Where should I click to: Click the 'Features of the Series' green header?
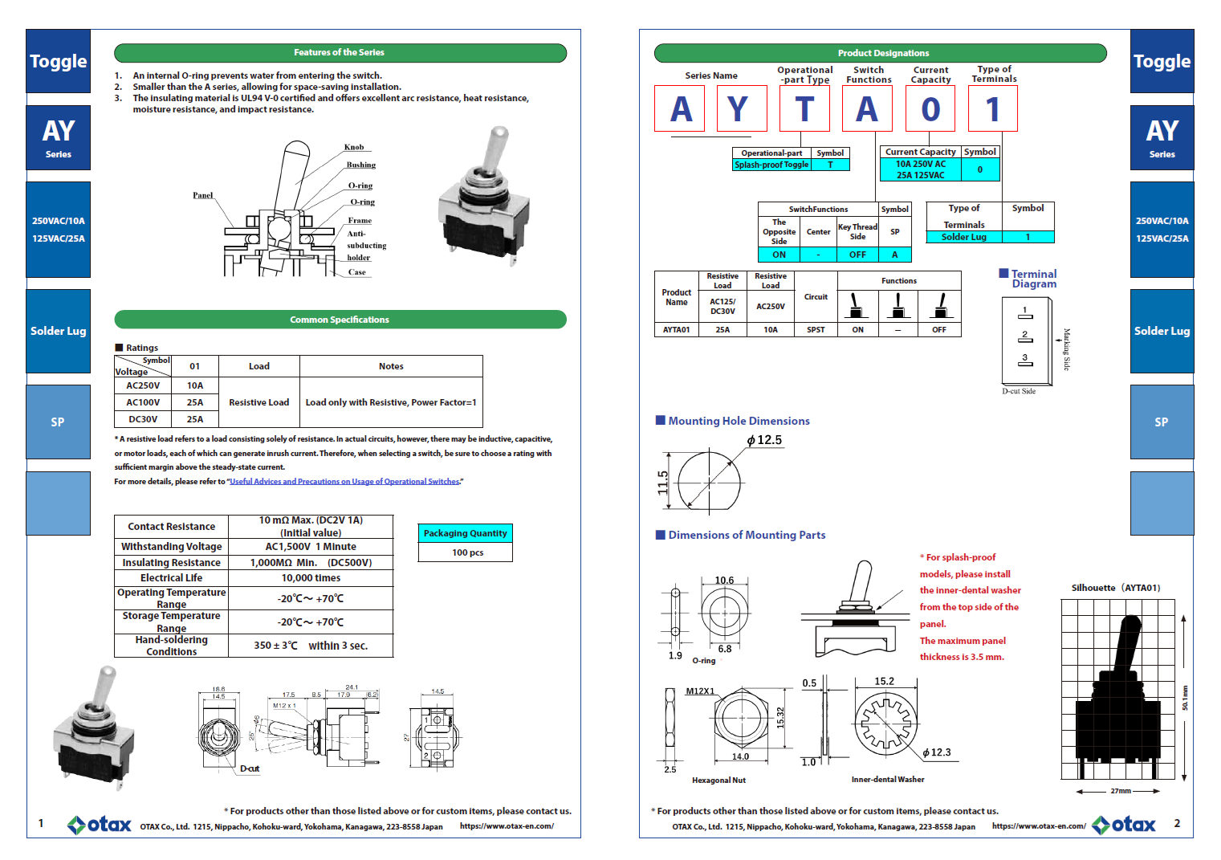340,53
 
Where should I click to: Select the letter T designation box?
804,109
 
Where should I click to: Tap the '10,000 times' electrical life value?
311,578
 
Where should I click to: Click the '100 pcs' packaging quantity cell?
466,552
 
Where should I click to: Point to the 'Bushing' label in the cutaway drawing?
360,165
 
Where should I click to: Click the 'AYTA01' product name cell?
676,330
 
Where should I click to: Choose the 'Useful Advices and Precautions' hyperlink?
344,482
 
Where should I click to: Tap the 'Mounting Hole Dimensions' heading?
739,421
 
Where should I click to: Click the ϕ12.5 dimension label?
764,440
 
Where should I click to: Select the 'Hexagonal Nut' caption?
718,781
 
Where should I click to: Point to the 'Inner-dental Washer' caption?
887,780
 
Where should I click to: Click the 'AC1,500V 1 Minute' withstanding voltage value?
311,547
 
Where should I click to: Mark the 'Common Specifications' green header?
340,320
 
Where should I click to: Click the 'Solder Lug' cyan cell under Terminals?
963,237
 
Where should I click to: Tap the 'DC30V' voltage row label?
143,419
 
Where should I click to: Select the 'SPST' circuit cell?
816,330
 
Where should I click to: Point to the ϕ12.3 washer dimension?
936,752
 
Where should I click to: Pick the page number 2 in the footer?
1177,823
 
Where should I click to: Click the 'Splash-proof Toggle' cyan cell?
771,165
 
